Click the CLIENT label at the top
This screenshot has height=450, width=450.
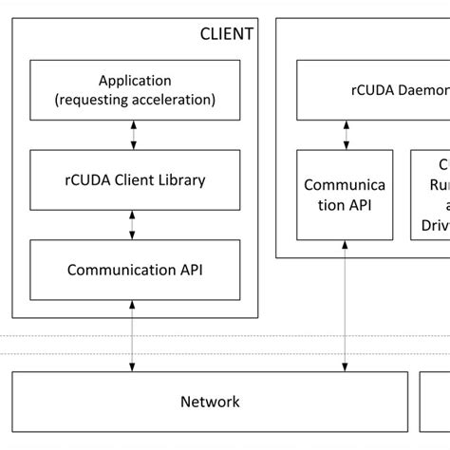(227, 34)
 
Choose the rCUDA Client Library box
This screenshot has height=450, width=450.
(135, 179)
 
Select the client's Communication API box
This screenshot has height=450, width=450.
(135, 269)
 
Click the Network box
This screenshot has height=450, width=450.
(210, 402)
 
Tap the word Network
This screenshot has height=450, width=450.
(210, 402)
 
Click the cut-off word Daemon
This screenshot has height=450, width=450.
(419, 91)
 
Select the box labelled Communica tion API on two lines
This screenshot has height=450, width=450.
(344, 194)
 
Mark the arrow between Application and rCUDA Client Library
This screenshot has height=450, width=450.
(133, 135)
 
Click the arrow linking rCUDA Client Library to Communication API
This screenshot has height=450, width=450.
(133, 224)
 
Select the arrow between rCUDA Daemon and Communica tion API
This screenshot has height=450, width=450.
(344, 135)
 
